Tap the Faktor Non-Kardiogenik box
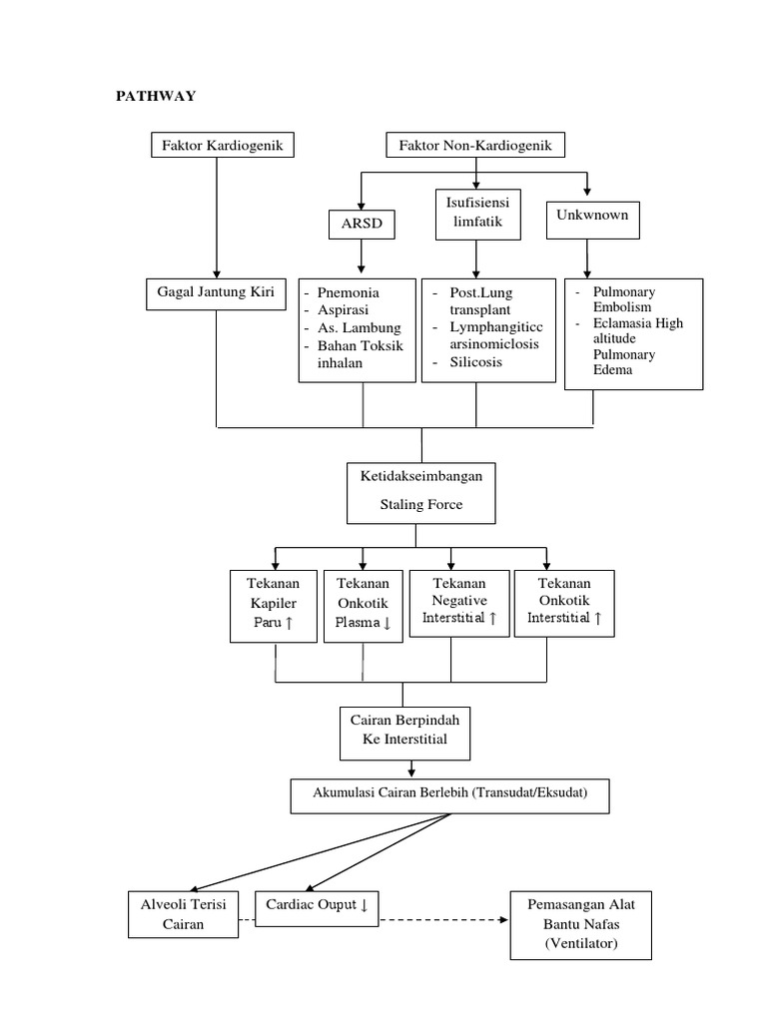[x=475, y=146]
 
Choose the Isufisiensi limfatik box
[x=476, y=214]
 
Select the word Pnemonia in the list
[x=350, y=292]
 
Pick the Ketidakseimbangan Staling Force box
[x=420, y=491]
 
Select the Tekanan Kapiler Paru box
[x=275, y=603]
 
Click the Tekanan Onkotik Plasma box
[x=364, y=603]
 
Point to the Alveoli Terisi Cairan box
[x=184, y=913]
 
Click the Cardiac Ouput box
[x=317, y=905]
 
